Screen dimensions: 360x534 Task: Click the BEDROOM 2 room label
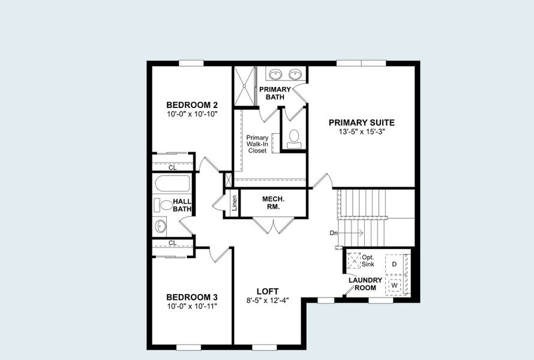click(191, 104)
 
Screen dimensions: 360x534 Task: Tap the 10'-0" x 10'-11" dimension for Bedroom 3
click(191, 306)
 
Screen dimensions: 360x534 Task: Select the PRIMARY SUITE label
click(361, 122)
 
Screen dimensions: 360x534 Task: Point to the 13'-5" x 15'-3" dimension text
click(361, 131)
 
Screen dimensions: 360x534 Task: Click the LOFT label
click(267, 292)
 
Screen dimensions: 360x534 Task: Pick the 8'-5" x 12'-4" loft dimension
click(267, 301)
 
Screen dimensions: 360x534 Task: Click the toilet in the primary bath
click(294, 138)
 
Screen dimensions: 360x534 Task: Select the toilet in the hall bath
click(163, 205)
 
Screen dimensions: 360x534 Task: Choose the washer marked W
click(394, 285)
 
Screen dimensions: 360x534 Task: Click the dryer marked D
click(394, 264)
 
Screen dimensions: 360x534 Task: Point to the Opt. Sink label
click(368, 260)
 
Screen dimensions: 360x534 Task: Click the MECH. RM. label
click(274, 203)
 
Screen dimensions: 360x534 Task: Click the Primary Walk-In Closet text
click(257, 144)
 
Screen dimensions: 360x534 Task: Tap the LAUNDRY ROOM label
click(365, 284)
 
